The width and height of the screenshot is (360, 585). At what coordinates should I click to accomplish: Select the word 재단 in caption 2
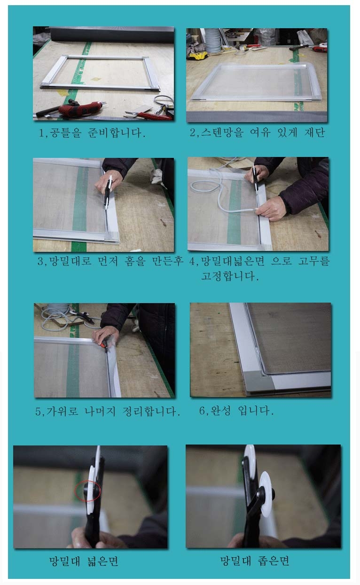pyautogui.click(x=315, y=133)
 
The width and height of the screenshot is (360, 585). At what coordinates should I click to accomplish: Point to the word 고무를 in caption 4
pyautogui.click(x=313, y=261)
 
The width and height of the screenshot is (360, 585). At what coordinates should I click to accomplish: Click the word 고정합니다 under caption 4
pyautogui.click(x=230, y=276)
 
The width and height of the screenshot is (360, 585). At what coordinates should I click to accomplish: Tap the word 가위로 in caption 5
pyautogui.click(x=62, y=411)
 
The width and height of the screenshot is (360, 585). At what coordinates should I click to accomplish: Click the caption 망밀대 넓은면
pyautogui.click(x=84, y=561)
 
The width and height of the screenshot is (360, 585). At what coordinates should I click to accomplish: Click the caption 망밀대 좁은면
pyautogui.click(x=255, y=561)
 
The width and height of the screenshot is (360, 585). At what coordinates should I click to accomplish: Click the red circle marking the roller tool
pyautogui.click(x=88, y=491)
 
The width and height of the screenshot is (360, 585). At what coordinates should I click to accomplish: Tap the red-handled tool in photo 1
pyautogui.click(x=81, y=108)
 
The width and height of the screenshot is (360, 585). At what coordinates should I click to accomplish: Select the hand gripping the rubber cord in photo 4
pyautogui.click(x=272, y=209)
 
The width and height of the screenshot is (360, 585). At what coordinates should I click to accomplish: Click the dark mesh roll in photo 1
pyautogui.click(x=112, y=34)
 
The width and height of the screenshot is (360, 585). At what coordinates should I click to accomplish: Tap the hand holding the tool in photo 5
pyautogui.click(x=104, y=336)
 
